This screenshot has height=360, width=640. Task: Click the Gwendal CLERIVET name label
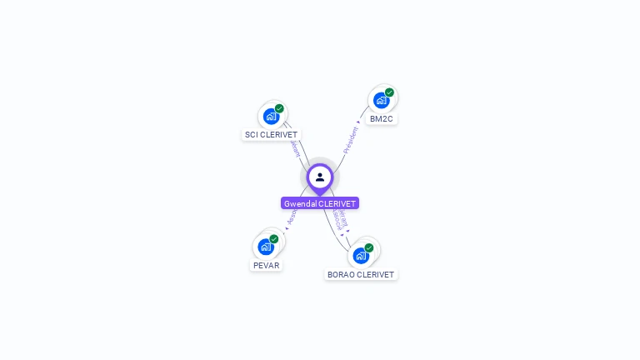320,203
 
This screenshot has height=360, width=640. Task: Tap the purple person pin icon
320,177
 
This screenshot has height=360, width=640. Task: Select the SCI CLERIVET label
271,134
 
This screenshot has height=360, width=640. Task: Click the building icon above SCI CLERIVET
270,116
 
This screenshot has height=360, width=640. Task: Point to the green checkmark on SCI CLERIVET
279,108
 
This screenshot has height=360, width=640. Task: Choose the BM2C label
382,119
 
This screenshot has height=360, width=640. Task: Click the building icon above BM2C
381,101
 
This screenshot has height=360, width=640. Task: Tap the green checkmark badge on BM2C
389,92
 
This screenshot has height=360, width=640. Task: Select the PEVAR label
266,265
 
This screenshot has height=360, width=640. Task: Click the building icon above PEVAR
265,247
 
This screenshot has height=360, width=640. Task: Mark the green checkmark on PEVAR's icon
274,239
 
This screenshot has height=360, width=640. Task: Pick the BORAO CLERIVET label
361,274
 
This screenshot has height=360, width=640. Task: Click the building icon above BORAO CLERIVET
360,255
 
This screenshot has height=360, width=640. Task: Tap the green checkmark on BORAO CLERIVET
369,247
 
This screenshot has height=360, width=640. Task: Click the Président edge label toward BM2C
351,139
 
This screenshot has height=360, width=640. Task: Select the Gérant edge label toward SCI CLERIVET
295,148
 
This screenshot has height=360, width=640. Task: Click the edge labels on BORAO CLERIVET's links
339,218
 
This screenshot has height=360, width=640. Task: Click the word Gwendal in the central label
298,203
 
